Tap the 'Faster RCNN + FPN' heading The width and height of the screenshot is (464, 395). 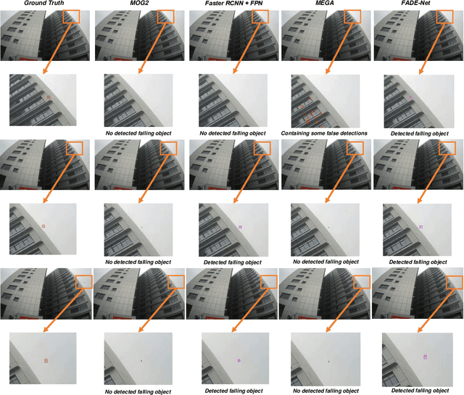pyautogui.click(x=232, y=5)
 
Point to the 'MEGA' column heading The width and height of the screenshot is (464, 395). pyautogui.click(x=326, y=5)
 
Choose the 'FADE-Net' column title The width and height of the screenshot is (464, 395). pyautogui.click(x=419, y=5)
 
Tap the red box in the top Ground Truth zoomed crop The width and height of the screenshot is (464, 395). pyautogui.click(x=49, y=96)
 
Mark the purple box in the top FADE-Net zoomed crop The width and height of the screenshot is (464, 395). pyautogui.click(x=410, y=96)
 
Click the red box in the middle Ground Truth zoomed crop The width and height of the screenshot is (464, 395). pyautogui.click(x=43, y=227)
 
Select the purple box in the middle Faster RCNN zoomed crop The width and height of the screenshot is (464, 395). pyautogui.click(x=240, y=227)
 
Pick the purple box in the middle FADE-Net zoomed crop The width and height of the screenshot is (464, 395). pyautogui.click(x=420, y=227)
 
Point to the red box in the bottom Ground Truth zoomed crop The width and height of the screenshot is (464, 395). pyautogui.click(x=45, y=360)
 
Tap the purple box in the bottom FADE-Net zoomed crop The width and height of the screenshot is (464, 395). pyautogui.click(x=426, y=356)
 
